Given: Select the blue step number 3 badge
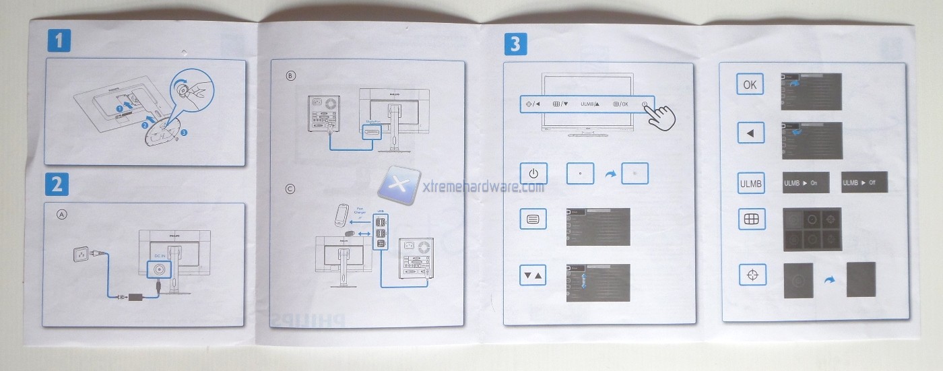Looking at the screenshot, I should pyautogui.click(x=515, y=44).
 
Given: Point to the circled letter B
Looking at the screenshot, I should pyautogui.click(x=290, y=76).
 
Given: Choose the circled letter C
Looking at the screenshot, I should pyautogui.click(x=290, y=189).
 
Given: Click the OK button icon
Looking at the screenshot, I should pyautogui.click(x=749, y=86).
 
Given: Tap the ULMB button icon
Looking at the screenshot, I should pyautogui.click(x=750, y=183).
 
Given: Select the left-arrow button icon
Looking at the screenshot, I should pyautogui.click(x=750, y=134).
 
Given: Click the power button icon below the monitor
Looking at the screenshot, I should pyautogui.click(x=533, y=174).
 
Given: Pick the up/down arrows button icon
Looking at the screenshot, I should pyautogui.click(x=533, y=275).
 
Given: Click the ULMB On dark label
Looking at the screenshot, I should pyautogui.click(x=805, y=182).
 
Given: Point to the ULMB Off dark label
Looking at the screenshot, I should pyautogui.click(x=864, y=182).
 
